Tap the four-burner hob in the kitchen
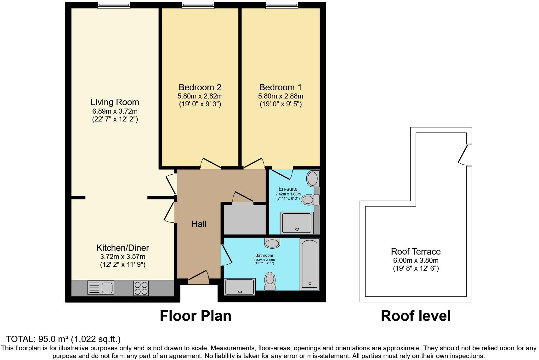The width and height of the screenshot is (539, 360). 141,288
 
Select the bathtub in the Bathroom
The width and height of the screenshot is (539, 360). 309,264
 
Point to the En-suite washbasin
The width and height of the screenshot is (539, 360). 312,178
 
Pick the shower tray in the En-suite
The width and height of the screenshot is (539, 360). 297,223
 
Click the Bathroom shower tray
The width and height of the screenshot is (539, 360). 240,287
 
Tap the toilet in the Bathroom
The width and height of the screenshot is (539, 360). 270,281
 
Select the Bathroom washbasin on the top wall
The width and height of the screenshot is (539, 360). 272,243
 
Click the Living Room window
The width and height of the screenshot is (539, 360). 114,5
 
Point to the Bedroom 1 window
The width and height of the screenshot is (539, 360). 281,5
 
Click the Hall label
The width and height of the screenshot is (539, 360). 199,224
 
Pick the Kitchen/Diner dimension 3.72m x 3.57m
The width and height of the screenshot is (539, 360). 122,256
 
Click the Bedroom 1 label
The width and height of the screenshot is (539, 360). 280,87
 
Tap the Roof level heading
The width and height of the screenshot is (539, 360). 416,316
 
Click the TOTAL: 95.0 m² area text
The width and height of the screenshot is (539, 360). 63,339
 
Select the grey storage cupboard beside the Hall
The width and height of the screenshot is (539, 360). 245,219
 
